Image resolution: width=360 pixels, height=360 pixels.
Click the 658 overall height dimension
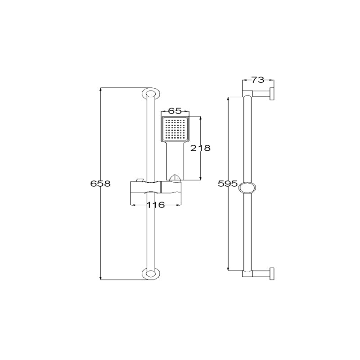100,184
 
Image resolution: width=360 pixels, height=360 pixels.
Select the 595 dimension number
228,184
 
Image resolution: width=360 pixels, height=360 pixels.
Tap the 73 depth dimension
258,80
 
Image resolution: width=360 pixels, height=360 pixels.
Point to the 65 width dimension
175,111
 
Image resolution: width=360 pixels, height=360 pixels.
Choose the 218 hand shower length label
200,148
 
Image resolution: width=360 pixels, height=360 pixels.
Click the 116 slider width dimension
156,205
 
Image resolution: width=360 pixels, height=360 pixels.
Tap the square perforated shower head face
175,129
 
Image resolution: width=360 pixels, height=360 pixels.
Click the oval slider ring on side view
247,188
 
